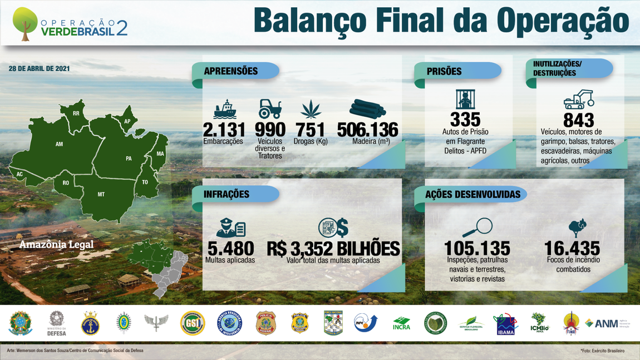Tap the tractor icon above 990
pos(270,109)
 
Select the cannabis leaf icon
pos(311,109)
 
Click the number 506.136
pos(368,130)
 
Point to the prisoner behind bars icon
pos(465,100)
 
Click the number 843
pos(579,120)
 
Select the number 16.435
pos(572,248)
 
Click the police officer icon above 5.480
pos(230,228)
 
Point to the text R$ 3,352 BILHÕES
pos(333,248)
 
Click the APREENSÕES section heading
pos(230,71)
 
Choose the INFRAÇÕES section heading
pos(227,194)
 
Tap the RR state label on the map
pos(76,114)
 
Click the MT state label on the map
pos(101,194)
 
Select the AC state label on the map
pos(20,174)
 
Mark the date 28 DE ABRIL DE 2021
pos(39,68)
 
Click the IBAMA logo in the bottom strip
pos(505,324)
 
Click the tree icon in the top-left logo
pos(24,23)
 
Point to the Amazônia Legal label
pos(56,244)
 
